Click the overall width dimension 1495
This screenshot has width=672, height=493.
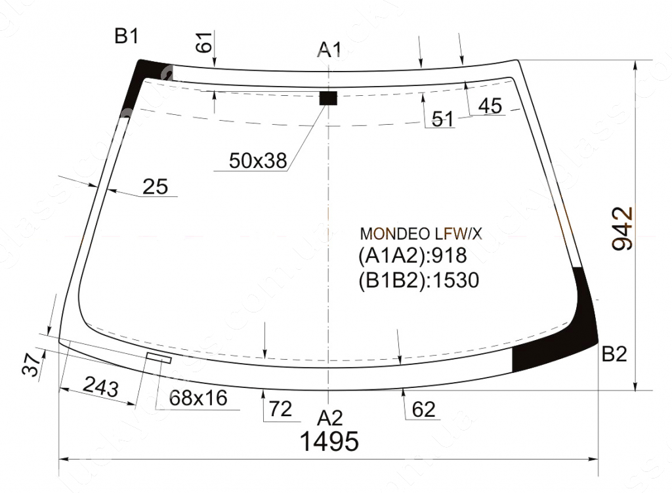[x=329, y=441]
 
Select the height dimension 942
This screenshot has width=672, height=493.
[x=622, y=228]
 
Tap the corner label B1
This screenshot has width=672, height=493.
[x=127, y=36]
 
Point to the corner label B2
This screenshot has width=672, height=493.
[x=614, y=354]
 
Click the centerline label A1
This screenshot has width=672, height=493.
[x=329, y=50]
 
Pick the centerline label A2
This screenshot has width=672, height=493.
[x=330, y=418]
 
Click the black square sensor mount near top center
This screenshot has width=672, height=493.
[x=328, y=98]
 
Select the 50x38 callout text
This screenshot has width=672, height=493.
[x=257, y=161]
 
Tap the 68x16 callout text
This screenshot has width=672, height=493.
[x=198, y=398]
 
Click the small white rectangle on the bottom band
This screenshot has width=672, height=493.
[x=159, y=358]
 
